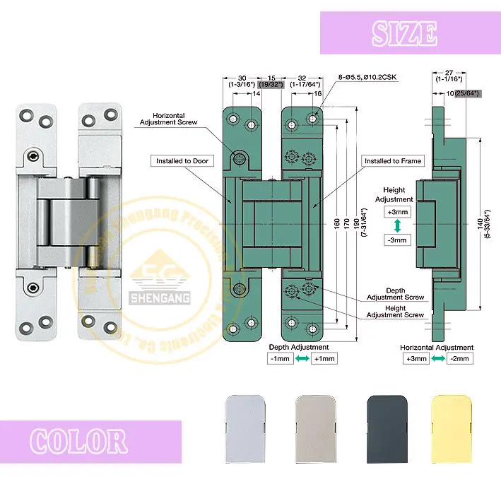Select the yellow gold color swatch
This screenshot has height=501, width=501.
click(454, 423)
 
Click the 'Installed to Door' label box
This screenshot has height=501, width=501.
click(182, 161)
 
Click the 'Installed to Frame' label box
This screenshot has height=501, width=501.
click(393, 161)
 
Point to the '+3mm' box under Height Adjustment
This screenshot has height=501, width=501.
click(397, 212)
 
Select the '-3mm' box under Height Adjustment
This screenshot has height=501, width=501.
click(397, 240)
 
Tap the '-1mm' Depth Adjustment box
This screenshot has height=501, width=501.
click(281, 358)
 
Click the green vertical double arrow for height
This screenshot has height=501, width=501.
click(397, 226)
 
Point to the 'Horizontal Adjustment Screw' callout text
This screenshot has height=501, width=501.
click(173, 118)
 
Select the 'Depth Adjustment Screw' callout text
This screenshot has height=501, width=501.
click(405, 293)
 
